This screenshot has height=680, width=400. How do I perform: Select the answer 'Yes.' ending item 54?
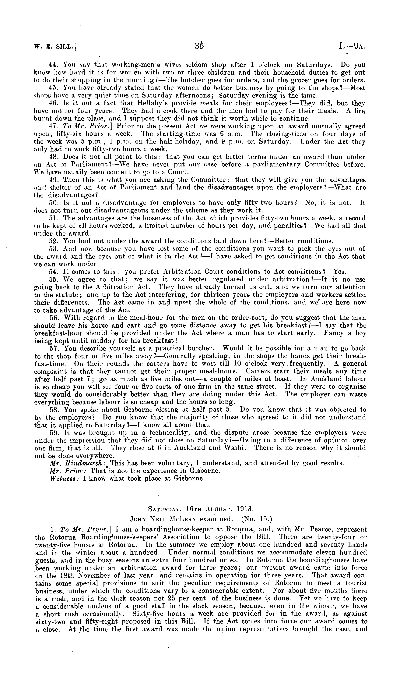coord(340,272)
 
